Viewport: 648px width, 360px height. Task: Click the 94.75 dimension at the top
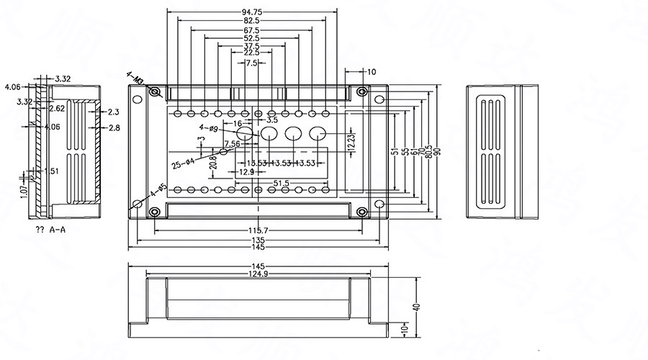[x=251, y=12]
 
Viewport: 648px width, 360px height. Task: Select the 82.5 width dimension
[x=251, y=21]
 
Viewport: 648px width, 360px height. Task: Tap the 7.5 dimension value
[x=251, y=63]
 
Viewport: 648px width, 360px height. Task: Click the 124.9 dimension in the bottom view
[x=257, y=274]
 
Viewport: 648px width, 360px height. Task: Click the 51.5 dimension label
[x=282, y=184]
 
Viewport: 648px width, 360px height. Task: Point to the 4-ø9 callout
[x=208, y=129]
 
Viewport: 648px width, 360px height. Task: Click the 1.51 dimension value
[x=51, y=171]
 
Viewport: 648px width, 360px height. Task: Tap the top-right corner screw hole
[x=361, y=91]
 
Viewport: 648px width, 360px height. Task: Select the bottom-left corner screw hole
[x=155, y=212]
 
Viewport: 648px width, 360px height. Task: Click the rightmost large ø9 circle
[x=318, y=133]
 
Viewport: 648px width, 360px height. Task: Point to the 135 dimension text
[x=257, y=239]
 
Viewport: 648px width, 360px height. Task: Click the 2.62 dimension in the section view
[x=58, y=109]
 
